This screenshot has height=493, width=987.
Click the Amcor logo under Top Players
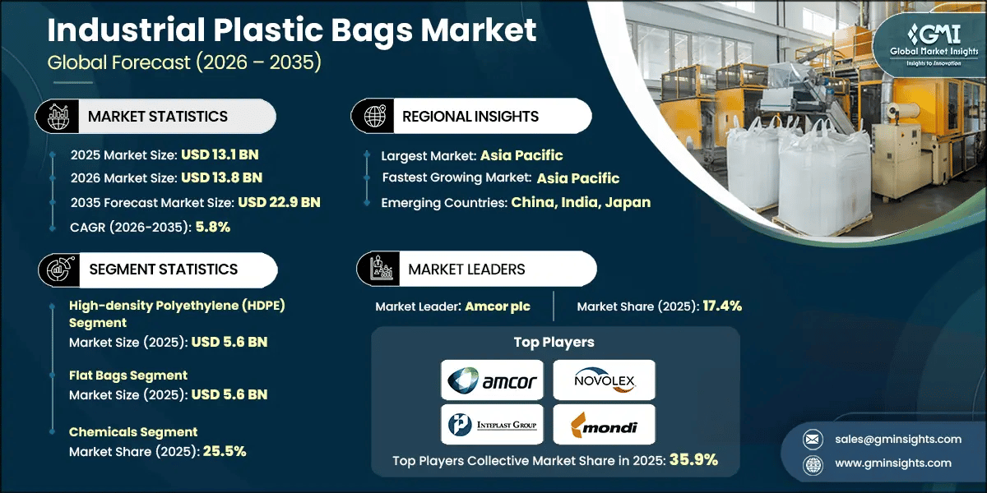(x=492, y=380)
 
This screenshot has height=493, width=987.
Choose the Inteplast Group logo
(x=492, y=425)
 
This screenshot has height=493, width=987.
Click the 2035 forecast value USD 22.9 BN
(x=279, y=202)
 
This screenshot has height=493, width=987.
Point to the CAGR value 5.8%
(x=213, y=227)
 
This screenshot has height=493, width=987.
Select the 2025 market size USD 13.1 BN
(x=221, y=154)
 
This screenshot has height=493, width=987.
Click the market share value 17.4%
(x=722, y=306)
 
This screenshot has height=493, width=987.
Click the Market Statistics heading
(x=158, y=117)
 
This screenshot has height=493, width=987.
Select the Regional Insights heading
(x=470, y=117)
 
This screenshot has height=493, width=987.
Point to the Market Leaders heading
(x=466, y=270)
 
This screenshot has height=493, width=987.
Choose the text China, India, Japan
(x=581, y=202)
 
